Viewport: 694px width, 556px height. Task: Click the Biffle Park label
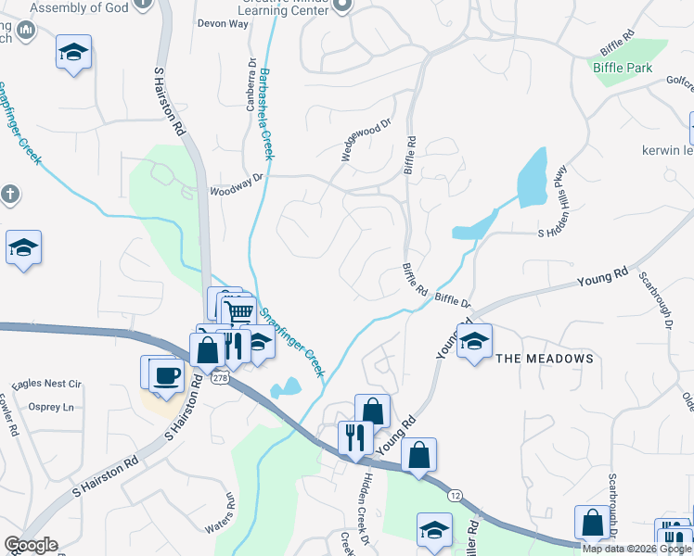[x=623, y=68]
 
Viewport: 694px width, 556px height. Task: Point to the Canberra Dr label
[x=251, y=86]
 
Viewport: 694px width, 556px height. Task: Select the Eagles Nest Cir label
[x=47, y=384]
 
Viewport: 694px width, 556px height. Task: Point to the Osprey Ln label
[x=52, y=407]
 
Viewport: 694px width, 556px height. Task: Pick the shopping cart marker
[x=239, y=311]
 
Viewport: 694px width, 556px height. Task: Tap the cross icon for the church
[x=9, y=196]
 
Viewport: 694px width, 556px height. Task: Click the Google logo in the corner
[x=31, y=545]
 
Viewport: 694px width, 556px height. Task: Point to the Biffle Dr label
[x=453, y=300]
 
